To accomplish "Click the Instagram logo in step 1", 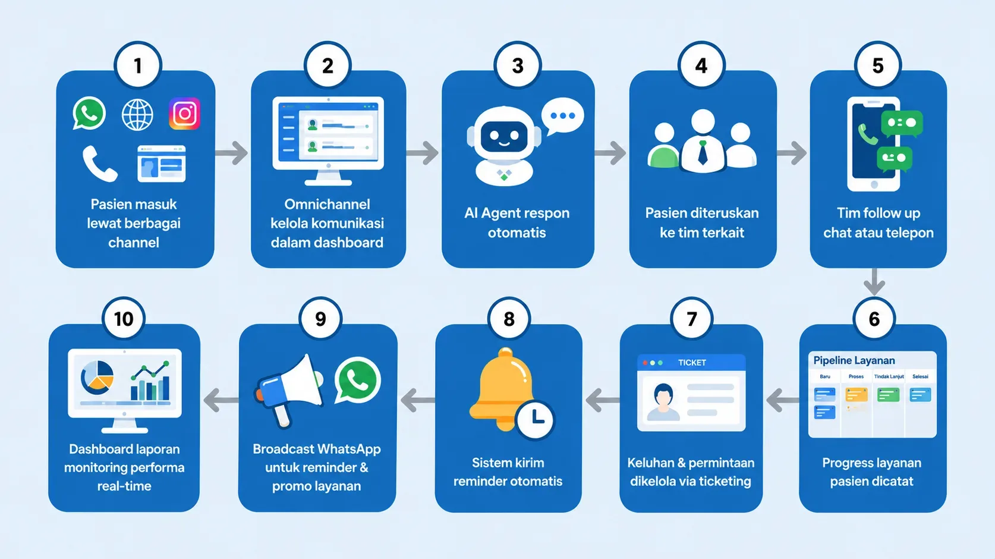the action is (184, 114).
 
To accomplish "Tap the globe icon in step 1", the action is (137, 115).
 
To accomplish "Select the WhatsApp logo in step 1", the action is (89, 114).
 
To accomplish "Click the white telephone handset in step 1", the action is (100, 164).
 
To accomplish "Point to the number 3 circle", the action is (518, 66).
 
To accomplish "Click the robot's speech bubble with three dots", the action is (562, 116).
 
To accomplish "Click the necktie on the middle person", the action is (703, 152).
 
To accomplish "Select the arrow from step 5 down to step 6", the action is (874, 282).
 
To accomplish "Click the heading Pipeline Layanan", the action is (854, 360).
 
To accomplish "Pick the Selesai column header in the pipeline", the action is (920, 376).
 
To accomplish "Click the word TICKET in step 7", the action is (692, 363).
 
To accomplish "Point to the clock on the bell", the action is (536, 419).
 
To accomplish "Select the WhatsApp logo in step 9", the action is (358, 381).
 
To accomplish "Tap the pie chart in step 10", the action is (97, 378).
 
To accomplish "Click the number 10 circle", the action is (124, 319).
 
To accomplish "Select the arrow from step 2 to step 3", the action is (423, 153).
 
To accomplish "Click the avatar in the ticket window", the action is (663, 401).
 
